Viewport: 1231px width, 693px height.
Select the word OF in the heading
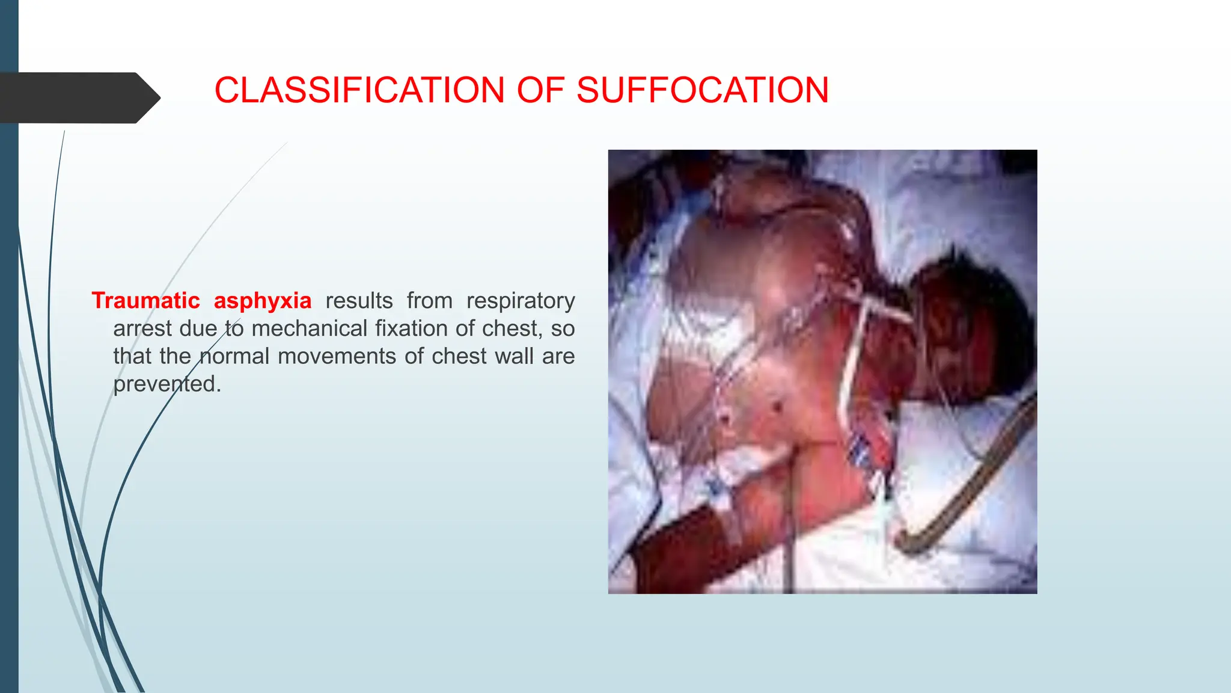[540, 90]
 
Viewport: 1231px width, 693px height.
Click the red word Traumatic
[145, 300]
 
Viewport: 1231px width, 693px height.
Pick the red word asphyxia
[263, 300]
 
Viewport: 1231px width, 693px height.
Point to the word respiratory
[521, 300]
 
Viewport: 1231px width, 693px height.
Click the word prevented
[166, 384]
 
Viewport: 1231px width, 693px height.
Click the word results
[359, 300]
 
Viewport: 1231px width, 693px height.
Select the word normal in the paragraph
[234, 356]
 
